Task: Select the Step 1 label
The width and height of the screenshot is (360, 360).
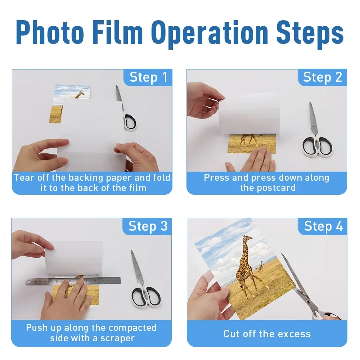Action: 148,77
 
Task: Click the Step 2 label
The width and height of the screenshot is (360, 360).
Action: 322,77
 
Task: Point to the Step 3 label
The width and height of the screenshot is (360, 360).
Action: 148,226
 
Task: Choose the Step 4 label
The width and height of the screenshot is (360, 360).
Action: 323,226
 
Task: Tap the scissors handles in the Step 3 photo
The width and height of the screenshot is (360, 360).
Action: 145,296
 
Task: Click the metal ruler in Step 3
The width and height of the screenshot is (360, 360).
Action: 73,281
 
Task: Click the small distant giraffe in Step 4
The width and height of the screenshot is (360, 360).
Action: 261,267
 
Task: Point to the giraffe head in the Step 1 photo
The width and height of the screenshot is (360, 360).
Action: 80,94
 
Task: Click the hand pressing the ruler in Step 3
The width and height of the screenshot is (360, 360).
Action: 67,298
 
